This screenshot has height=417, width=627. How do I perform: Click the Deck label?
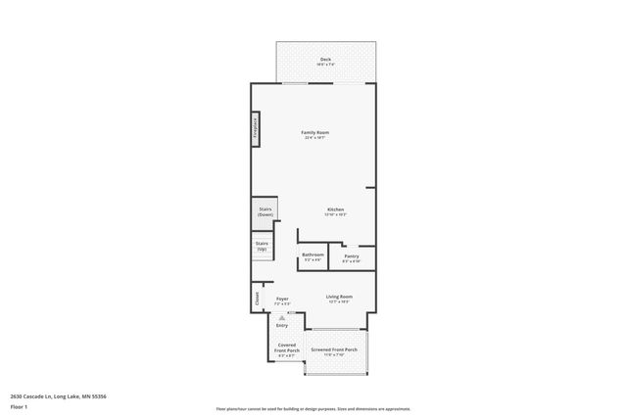[x=325, y=60]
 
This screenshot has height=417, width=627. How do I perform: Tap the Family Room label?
[x=314, y=132]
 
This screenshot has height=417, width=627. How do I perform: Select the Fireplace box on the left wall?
[x=255, y=130]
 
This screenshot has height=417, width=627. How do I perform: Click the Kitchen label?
[x=335, y=209]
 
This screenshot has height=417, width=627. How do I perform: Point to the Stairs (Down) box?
[x=265, y=210]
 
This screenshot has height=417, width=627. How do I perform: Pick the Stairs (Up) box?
[x=262, y=246]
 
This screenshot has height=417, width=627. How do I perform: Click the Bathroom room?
[x=313, y=256]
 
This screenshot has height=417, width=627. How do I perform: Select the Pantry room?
[x=351, y=257]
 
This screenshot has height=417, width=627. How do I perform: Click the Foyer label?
[x=282, y=299]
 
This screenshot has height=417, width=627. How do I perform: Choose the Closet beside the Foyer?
[x=257, y=298]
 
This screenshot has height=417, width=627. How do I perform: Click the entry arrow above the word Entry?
[x=282, y=317]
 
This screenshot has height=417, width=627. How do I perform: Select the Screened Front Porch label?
[x=334, y=349]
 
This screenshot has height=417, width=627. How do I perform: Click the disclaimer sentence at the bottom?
[x=313, y=409]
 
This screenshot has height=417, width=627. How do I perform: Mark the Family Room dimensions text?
[x=314, y=138]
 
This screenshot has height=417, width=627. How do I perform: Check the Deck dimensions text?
[x=325, y=66]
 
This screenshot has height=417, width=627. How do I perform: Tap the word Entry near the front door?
[x=282, y=325]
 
